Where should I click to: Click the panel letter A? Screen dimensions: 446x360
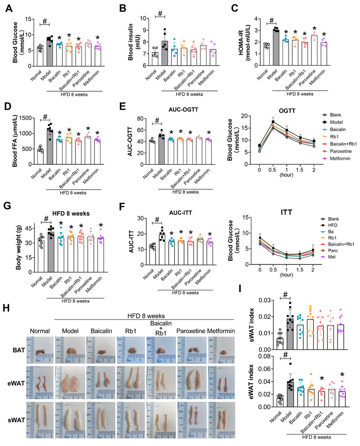(x=8, y=8)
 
